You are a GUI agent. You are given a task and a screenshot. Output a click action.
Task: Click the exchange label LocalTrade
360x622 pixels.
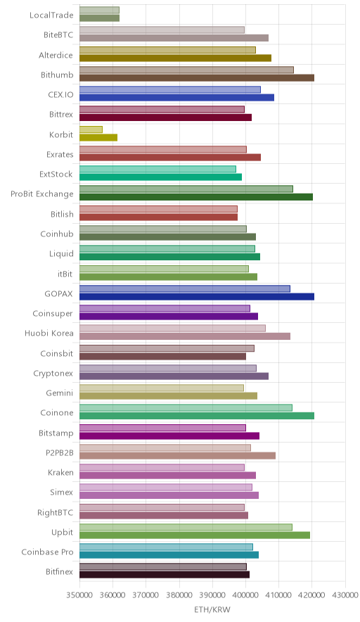(51, 15)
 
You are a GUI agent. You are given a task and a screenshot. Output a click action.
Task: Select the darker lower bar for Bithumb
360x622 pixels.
(197, 77)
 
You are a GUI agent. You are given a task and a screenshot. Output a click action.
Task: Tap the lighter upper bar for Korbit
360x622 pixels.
(91, 129)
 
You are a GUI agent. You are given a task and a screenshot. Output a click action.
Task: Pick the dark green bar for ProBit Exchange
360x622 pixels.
(196, 197)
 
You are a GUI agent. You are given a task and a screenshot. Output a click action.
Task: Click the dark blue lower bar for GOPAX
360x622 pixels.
(197, 297)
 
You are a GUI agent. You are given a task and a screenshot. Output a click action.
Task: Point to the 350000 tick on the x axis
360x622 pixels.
(79, 595)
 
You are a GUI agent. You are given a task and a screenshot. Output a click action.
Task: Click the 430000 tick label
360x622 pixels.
(345, 595)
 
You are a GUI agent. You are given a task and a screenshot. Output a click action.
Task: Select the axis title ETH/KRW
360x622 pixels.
(212, 609)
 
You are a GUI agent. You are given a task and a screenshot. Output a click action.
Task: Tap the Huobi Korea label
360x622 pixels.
(49, 334)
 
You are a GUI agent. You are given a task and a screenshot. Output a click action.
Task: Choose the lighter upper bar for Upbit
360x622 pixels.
(186, 527)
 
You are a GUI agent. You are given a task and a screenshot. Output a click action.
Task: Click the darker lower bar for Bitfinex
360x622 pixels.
(165, 575)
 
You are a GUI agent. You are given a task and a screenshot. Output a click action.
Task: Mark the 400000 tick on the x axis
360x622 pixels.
(245, 595)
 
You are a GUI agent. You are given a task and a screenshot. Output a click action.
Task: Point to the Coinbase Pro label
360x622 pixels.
(48, 552)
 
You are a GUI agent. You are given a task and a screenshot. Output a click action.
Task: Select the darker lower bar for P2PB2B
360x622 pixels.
(178, 455)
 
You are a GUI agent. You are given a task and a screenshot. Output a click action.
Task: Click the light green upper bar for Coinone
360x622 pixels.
(186, 408)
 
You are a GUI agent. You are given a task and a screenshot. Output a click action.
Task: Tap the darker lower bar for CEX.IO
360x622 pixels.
(176, 98)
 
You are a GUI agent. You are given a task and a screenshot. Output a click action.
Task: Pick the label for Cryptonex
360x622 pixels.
(53, 374)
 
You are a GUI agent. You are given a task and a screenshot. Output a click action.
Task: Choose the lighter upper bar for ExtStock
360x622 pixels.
(157, 169)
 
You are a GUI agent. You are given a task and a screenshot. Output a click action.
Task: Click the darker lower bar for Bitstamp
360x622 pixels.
(169, 436)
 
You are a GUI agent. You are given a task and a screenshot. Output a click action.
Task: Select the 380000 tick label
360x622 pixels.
(179, 595)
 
